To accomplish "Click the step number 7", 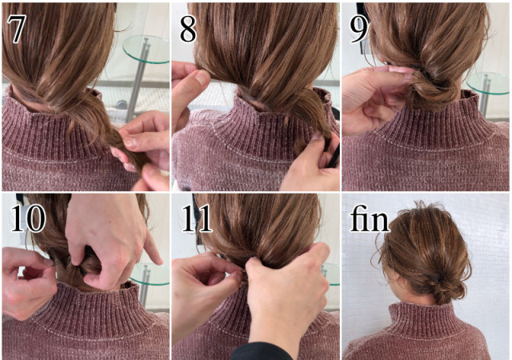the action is coord(16,29).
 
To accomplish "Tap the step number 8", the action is coord(188,30).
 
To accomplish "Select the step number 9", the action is coord(359,30).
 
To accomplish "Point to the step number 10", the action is coord(28,218).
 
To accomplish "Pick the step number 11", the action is coord(197,218).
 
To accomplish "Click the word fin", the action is coord(370,218).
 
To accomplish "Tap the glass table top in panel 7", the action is coord(147,49).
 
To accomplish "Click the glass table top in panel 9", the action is coord(489,83).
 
